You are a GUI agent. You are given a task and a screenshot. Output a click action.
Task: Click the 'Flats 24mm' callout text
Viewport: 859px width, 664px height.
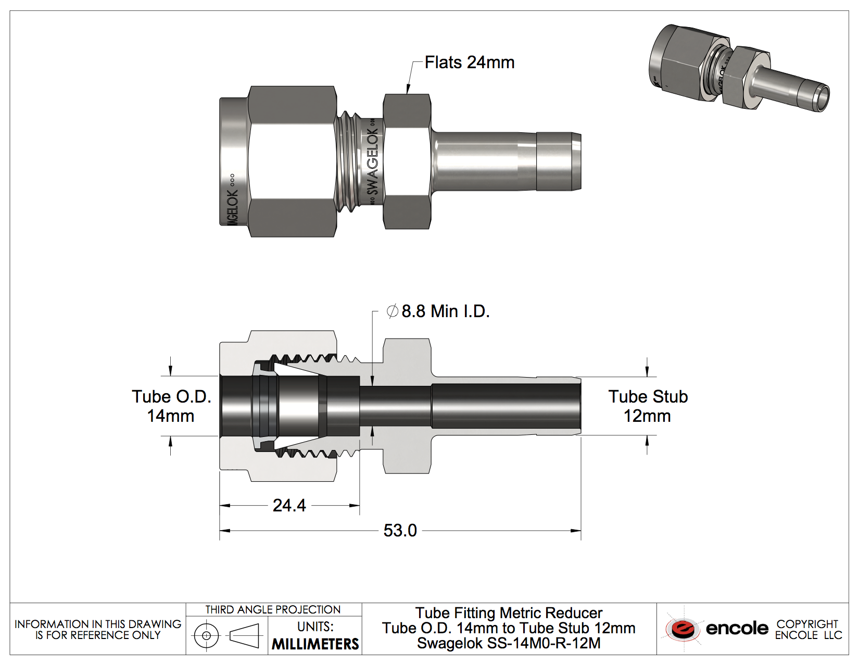point(469,62)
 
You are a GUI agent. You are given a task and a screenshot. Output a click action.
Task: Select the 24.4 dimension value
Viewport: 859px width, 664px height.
point(289,505)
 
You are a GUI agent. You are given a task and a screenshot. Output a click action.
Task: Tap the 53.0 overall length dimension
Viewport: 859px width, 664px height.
point(400,531)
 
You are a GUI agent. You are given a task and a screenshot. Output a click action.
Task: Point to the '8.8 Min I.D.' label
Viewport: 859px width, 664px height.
point(445,311)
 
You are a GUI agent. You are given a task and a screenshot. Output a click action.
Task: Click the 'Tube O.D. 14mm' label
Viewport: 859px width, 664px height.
point(171,406)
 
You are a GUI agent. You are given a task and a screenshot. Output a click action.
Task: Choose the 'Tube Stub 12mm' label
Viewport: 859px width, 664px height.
point(648,406)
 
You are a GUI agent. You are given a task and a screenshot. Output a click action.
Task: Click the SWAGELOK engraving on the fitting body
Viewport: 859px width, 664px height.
point(373,162)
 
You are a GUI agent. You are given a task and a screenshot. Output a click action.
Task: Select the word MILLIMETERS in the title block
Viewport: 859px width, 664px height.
point(315,644)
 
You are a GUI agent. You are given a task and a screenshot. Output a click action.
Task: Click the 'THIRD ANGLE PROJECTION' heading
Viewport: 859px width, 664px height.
point(273,610)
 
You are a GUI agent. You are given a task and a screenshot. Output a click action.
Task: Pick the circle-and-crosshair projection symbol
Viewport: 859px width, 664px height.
point(206,635)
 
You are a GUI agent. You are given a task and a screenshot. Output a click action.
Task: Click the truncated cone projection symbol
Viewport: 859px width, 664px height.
point(244,635)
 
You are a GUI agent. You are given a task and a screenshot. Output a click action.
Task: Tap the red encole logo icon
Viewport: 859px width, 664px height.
point(683,629)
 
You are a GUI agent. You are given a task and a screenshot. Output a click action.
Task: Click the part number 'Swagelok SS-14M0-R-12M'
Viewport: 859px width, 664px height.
point(509,644)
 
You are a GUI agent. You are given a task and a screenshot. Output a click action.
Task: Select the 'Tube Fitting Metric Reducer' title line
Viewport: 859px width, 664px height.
point(509,613)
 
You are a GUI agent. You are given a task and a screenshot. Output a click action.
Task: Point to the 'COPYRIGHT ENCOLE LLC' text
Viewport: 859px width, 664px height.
point(808,630)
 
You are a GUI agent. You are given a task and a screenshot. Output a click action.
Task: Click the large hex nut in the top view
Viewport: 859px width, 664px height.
point(292,161)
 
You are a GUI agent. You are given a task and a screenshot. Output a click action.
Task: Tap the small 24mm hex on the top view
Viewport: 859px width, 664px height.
point(407,161)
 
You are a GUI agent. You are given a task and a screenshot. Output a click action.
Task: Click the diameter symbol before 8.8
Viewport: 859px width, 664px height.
point(392,311)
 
